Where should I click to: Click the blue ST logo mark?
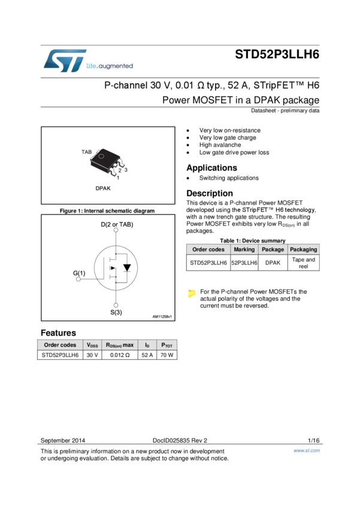click(x=62, y=61)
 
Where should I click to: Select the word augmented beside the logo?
click(x=118, y=67)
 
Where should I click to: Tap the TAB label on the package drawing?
click(x=86, y=153)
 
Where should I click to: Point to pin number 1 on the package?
click(x=118, y=178)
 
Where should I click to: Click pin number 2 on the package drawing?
click(x=120, y=171)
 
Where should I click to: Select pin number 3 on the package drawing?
click(x=126, y=170)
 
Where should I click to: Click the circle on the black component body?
click(x=102, y=157)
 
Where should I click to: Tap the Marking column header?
click(x=244, y=249)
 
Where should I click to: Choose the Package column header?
click(x=273, y=249)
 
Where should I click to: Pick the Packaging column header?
click(x=304, y=249)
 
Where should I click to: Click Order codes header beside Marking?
click(x=208, y=249)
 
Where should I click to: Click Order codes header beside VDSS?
click(x=60, y=345)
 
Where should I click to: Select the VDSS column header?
click(x=92, y=345)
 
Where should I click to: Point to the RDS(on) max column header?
click(x=120, y=345)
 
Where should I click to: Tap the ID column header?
click(x=147, y=345)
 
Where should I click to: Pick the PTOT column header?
click(x=167, y=345)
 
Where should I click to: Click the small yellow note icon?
click(x=192, y=293)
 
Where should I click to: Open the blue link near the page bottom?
click(x=307, y=451)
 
